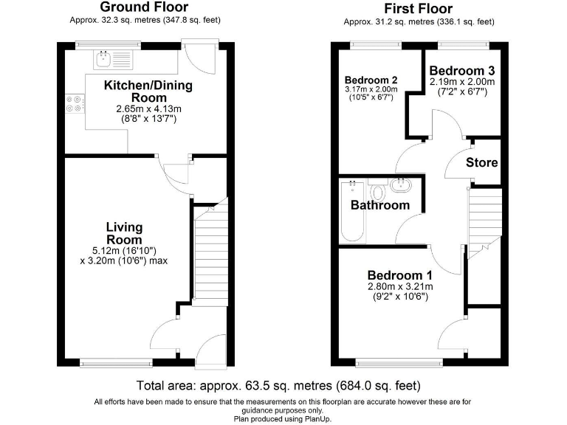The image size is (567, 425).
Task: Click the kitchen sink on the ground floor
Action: (113, 59)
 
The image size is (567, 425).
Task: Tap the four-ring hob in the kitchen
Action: (75, 104)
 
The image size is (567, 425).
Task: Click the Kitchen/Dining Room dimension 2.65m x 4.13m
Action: (148, 108)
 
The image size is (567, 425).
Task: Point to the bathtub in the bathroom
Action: (353, 212)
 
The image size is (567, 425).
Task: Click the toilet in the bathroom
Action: (378, 190)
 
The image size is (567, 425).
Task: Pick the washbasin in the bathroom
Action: (400, 185)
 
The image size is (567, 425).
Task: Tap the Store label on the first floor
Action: (481, 162)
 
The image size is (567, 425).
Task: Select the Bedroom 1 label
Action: (400, 275)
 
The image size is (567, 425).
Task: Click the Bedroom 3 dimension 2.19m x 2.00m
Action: (462, 82)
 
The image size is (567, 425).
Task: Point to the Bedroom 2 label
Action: (371, 80)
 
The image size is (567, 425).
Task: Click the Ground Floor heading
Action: (144, 7)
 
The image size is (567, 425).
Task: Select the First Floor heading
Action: (419, 8)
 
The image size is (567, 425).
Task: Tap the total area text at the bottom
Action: (278, 386)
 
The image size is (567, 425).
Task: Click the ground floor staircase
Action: (211, 253)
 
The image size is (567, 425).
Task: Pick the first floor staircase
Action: (484, 224)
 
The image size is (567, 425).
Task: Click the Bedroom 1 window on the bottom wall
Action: (399, 362)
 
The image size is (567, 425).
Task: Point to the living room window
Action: (117, 363)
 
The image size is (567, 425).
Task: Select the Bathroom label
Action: (380, 205)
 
